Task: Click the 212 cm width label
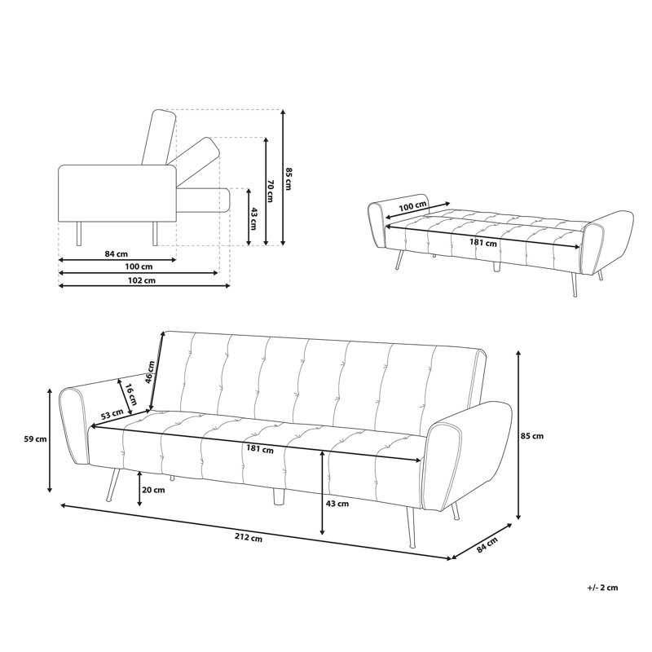pos(249,538)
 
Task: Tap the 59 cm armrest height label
pos(35,438)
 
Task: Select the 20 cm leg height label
pos(153,490)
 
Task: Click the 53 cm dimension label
pos(112,415)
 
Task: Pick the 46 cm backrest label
pos(150,372)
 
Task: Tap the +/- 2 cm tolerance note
pos(602,588)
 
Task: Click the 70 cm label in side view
pos(271,192)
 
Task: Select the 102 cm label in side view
pos(141,280)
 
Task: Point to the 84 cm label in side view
pos(116,253)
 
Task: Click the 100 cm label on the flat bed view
pos(413,207)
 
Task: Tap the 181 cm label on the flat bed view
pos(482,242)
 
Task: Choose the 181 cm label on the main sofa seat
pos(259,449)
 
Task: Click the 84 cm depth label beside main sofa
pos(487,544)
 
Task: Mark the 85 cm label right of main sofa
pos(532,436)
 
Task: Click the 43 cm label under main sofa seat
pos(337,504)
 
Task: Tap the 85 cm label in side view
pos(287,178)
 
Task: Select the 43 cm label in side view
pos(253,218)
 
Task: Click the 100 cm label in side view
pos(139,267)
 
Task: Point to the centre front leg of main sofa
pos(278,496)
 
